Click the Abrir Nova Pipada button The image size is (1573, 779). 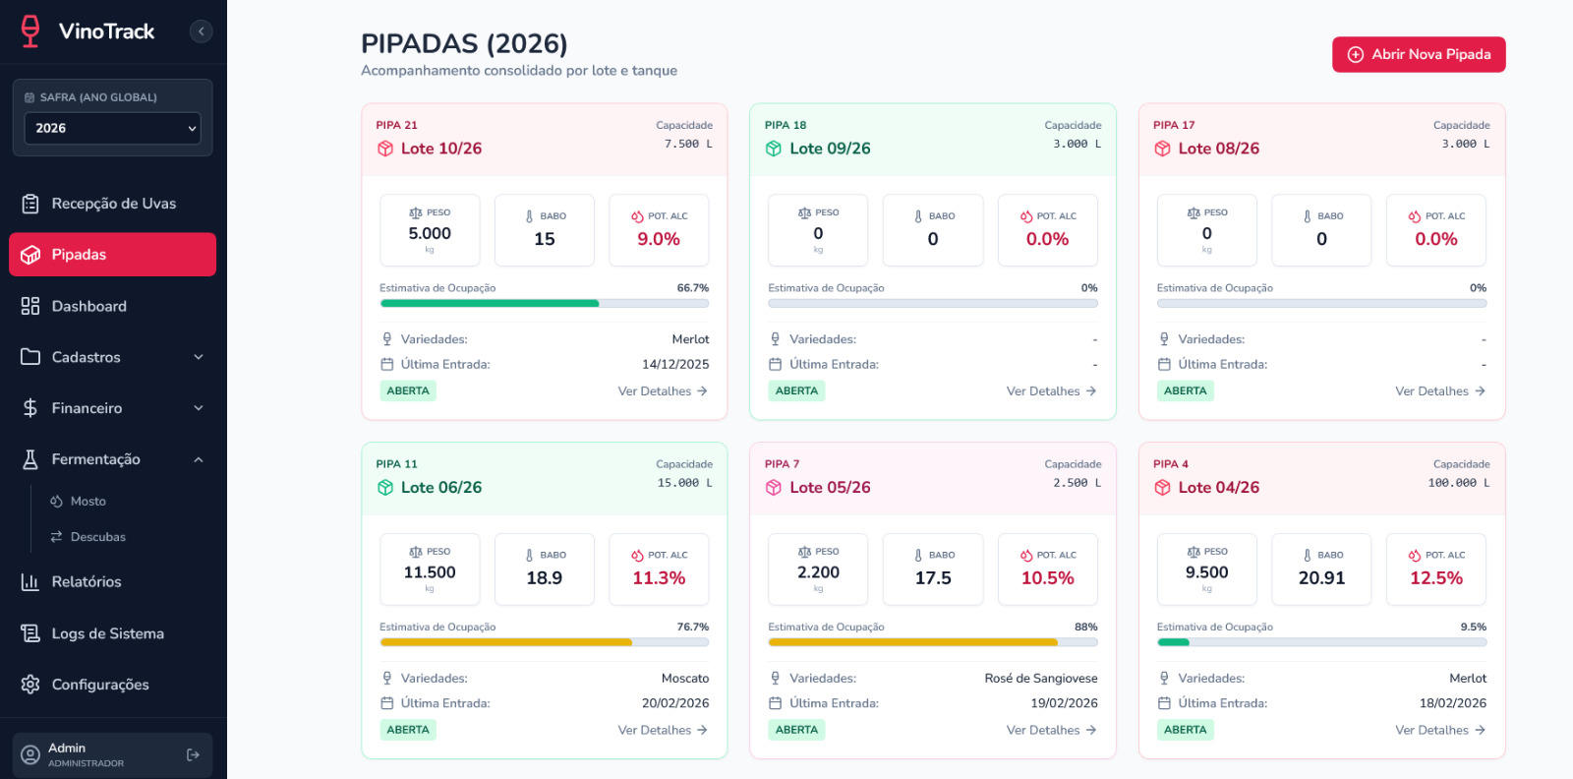(1419, 55)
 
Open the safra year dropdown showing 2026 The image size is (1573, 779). (112, 128)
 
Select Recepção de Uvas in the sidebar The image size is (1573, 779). (113, 204)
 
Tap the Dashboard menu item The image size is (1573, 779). (88, 306)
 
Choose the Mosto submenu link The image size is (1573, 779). (87, 502)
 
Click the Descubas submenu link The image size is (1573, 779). (97, 537)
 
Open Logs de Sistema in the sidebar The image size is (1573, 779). (107, 633)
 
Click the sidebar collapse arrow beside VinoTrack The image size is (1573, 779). (201, 31)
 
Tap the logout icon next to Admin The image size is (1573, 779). (193, 754)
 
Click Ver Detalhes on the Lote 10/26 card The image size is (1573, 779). (662, 391)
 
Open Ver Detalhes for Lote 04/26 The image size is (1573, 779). (1439, 730)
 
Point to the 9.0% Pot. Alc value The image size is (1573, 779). (659, 239)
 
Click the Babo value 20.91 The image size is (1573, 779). (1321, 578)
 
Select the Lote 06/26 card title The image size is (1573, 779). (440, 488)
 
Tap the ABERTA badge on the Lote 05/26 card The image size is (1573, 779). (796, 730)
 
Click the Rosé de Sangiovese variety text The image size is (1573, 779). (1040, 679)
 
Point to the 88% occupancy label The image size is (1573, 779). (1085, 627)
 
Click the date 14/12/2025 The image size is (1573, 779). (675, 364)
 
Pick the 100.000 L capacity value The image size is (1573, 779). (1458, 483)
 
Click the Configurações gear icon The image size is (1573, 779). (30, 685)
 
